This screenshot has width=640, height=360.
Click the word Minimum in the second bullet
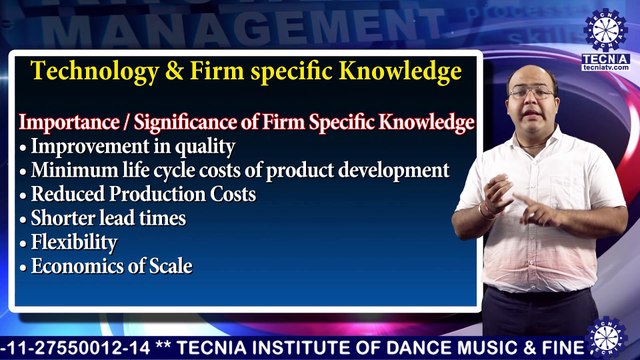point(71,170)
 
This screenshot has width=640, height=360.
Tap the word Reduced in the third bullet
point(66,194)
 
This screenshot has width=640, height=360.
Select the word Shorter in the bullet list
point(62,218)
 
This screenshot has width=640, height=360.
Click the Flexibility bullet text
point(73,242)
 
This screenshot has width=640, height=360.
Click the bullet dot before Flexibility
point(23,243)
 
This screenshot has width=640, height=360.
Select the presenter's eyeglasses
point(531,93)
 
